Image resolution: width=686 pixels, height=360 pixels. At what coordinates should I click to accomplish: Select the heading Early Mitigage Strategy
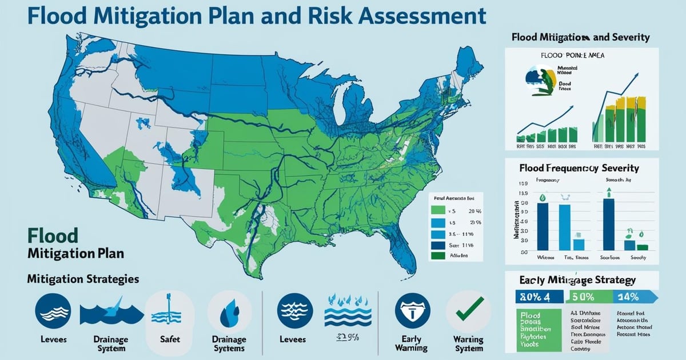[577, 281]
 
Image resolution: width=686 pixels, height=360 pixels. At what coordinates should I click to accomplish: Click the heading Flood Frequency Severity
[579, 169]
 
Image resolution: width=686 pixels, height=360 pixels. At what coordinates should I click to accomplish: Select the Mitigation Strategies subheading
[82, 279]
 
